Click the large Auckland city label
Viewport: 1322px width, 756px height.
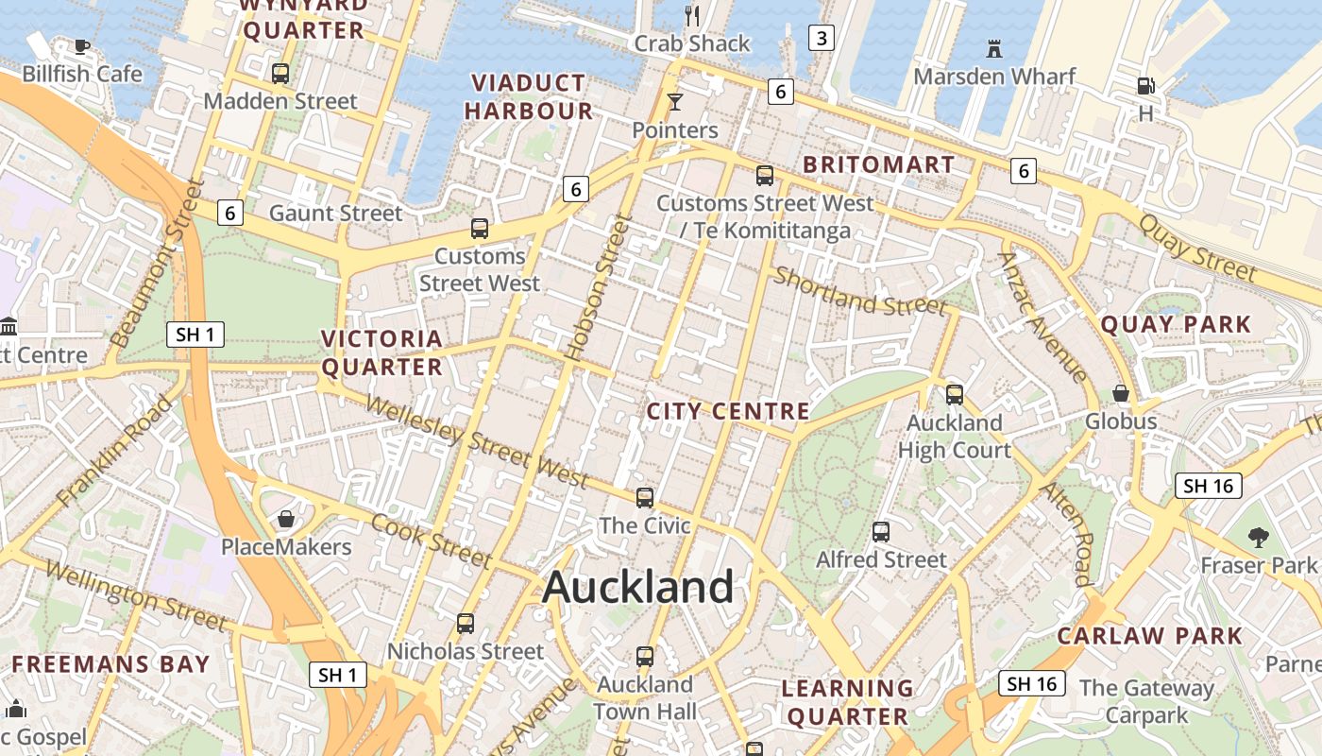tap(638, 587)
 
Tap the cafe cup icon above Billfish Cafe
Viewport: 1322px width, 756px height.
tap(82, 46)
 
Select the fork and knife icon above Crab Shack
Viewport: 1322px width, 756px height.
tap(692, 15)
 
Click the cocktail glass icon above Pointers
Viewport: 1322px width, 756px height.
tap(675, 101)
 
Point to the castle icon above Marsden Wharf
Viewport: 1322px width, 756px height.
tap(993, 48)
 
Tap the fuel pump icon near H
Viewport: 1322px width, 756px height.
tap(1145, 86)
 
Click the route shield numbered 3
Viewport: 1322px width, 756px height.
tap(822, 38)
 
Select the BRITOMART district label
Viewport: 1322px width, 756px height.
tap(878, 164)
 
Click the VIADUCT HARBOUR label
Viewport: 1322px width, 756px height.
tap(529, 97)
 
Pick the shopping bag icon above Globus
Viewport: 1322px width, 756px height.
tap(1121, 393)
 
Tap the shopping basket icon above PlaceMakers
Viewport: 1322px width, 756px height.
tap(285, 519)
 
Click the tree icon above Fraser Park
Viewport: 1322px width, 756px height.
tap(1258, 538)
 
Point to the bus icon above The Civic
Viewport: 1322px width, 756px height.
tap(645, 498)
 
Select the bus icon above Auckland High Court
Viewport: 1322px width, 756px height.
tap(955, 395)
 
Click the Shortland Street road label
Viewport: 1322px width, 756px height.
tap(859, 291)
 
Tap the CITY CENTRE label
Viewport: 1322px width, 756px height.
tap(728, 411)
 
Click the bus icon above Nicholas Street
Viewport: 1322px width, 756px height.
tap(466, 624)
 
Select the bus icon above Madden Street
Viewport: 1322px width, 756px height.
tap(280, 74)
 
